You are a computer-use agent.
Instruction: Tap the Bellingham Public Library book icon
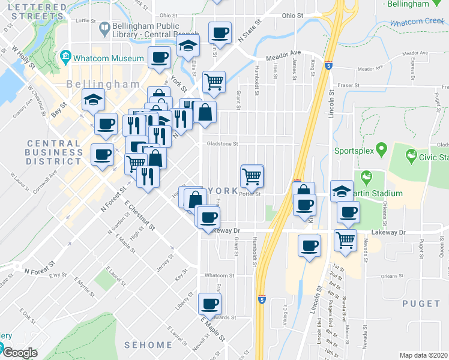pos(104,28)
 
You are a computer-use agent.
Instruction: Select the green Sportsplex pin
pos(379,148)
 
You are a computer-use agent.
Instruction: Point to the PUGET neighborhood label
pos(421,304)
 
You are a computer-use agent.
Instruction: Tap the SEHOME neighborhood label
pos(148,345)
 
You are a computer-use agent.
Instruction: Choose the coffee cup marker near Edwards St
pos(209,303)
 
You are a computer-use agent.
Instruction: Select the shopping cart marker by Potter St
pos(251,176)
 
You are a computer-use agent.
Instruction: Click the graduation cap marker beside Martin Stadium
pos(342,191)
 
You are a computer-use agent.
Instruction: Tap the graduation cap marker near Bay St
pos(93,100)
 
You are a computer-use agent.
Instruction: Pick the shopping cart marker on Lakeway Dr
pos(345,240)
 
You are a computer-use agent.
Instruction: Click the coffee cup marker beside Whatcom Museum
pos(159,58)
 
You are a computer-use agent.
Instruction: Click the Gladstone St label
pos(223,144)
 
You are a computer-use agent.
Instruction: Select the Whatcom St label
pos(215,275)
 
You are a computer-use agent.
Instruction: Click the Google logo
pos(20,353)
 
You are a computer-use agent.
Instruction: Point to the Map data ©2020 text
pos(424,355)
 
